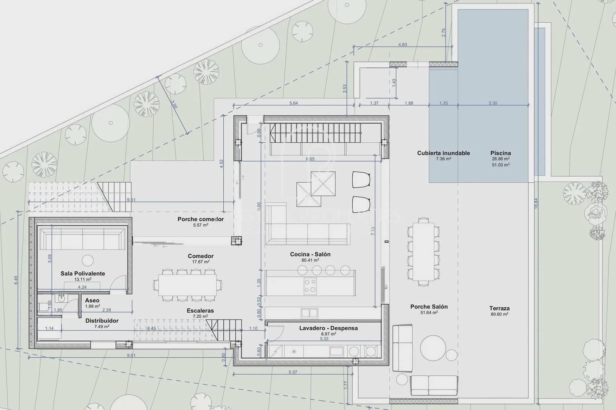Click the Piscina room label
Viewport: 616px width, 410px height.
[500, 153]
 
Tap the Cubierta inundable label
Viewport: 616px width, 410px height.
[444, 153]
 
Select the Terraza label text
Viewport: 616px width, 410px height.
[499, 308]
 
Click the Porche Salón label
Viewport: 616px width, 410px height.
[429, 307]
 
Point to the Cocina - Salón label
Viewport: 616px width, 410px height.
[310, 254]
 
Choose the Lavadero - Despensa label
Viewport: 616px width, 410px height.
[328, 328]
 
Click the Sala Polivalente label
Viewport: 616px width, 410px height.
[83, 273]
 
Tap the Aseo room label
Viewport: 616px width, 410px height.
[92, 300]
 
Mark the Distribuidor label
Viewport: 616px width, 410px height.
[102, 321]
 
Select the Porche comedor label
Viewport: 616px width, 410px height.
[201, 219]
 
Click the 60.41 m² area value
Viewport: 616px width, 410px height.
[310, 260]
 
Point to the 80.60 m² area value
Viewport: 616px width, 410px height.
[500, 314]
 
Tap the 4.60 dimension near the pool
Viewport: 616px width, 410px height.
[402, 45]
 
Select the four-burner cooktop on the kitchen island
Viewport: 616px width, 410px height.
[310, 286]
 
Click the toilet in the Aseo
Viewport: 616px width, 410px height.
[44, 307]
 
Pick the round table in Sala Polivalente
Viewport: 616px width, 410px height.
[88, 260]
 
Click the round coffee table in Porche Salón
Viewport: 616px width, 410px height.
[433, 348]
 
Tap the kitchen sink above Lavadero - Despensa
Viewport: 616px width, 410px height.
[310, 312]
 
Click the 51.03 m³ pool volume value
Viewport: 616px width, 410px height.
[500, 165]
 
